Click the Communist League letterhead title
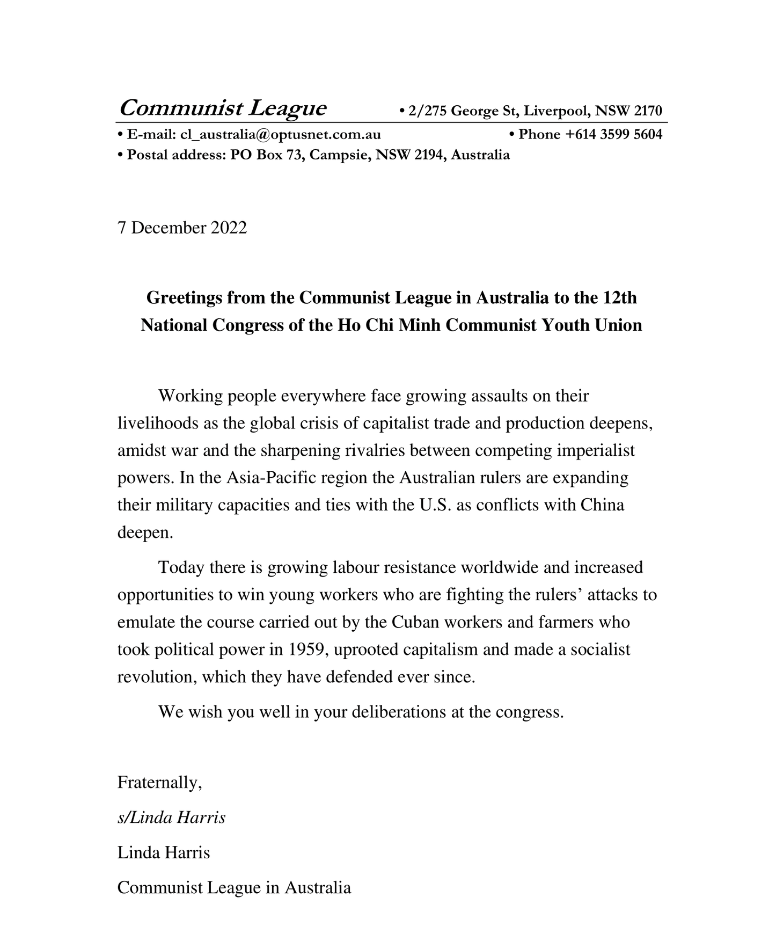point(222,108)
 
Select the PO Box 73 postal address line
point(313,155)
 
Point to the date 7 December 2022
point(182,228)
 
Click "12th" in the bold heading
point(620,297)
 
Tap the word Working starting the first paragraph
point(191,396)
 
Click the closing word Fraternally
point(159,783)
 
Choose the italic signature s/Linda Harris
point(171,818)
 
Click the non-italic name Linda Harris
point(164,852)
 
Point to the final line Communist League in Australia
point(234,887)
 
